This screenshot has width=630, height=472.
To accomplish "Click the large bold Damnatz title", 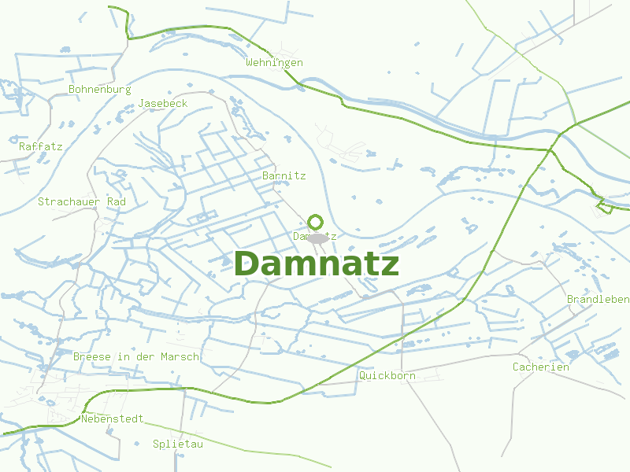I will click(x=316, y=264).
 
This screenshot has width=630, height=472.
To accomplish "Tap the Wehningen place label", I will click(x=274, y=63).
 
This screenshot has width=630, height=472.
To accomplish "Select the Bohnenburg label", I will click(x=99, y=90).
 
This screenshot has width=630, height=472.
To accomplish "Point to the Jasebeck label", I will click(x=163, y=104).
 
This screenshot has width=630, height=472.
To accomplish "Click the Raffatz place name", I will click(x=41, y=146).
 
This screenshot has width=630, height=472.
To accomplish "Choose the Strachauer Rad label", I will click(x=82, y=202).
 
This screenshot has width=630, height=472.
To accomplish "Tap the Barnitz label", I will click(x=283, y=176).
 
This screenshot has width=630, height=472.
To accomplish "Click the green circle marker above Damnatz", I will click(x=316, y=222).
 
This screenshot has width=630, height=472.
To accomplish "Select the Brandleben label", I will click(x=598, y=300).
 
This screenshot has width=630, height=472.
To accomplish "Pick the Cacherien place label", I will click(x=540, y=367).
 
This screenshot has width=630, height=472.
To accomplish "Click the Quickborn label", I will click(x=387, y=376).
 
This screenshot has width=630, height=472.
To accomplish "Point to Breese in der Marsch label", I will click(x=136, y=357).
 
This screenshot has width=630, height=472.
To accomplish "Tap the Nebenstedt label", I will click(x=113, y=419).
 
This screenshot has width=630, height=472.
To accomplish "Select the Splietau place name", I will click(x=178, y=444).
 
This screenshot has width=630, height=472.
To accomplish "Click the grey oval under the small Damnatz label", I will click(x=317, y=238).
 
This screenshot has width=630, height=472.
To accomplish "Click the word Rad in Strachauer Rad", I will click(x=117, y=202).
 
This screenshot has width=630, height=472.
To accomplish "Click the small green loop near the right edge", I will click(x=605, y=207).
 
